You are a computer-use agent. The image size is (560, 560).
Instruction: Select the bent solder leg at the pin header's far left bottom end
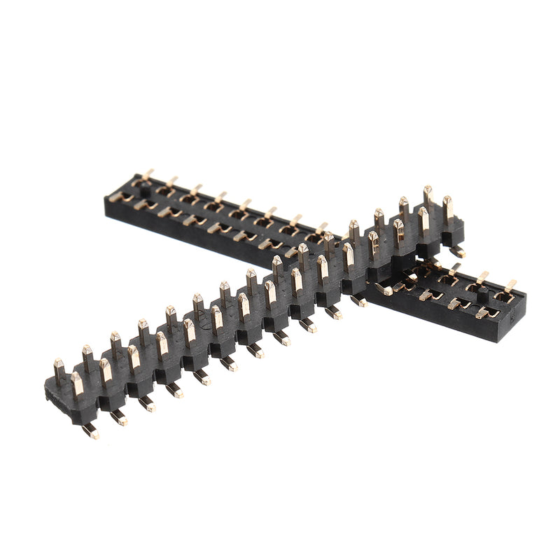coord(90,431)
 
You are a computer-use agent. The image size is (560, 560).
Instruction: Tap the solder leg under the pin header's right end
coord(457,250)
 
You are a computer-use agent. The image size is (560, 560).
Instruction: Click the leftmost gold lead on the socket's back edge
coord(148,174)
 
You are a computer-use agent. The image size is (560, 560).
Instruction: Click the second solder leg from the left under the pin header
coord(119,418)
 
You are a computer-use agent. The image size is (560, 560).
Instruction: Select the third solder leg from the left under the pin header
coord(146,403)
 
